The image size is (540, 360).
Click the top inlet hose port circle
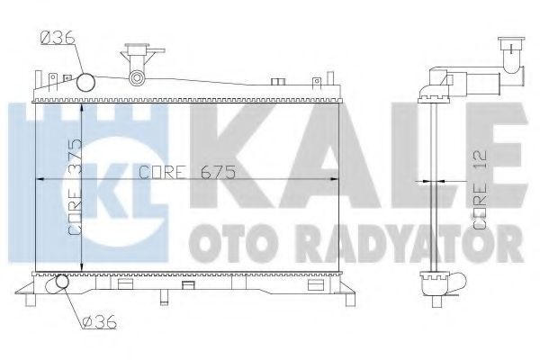(x=86, y=83)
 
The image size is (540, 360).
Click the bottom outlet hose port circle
(x=59, y=284)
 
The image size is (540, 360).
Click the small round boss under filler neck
(x=137, y=78)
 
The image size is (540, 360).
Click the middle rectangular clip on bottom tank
(x=188, y=285)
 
